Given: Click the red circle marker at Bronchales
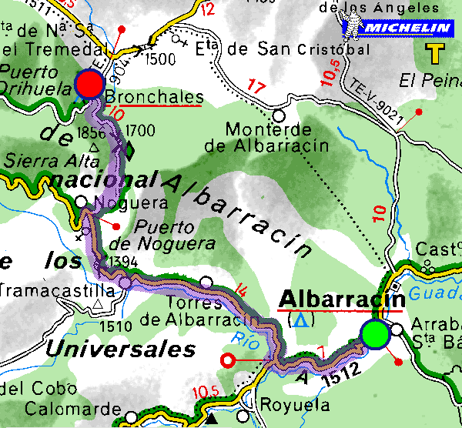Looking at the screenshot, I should (x=89, y=84).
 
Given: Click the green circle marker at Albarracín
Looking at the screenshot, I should (x=373, y=335).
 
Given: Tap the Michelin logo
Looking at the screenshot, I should (x=397, y=28).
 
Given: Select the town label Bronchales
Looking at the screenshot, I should (x=153, y=98).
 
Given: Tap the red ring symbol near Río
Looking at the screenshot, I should (x=227, y=359).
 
